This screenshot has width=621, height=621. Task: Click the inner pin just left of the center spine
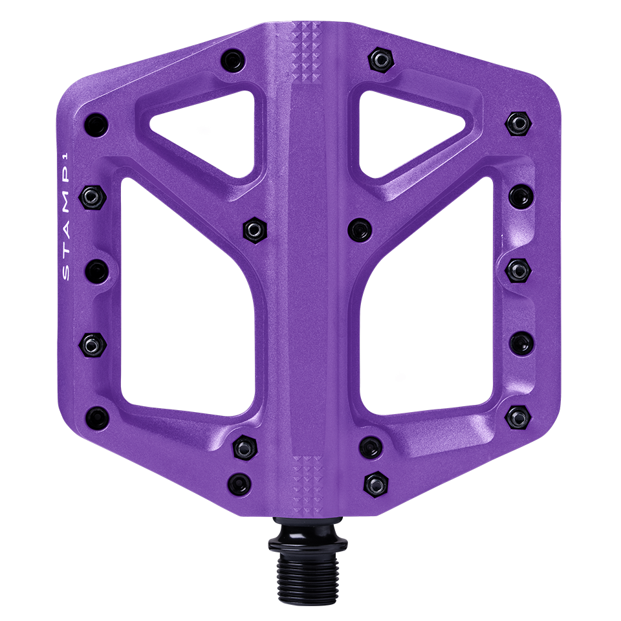pyautogui.click(x=252, y=228)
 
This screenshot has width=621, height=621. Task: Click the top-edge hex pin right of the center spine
pyautogui.click(x=380, y=59)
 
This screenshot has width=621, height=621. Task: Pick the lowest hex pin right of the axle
pyautogui.click(x=375, y=481)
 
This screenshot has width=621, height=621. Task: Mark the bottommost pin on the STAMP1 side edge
pyautogui.click(x=96, y=416)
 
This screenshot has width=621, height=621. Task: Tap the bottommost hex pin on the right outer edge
pyautogui.click(x=517, y=416)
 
